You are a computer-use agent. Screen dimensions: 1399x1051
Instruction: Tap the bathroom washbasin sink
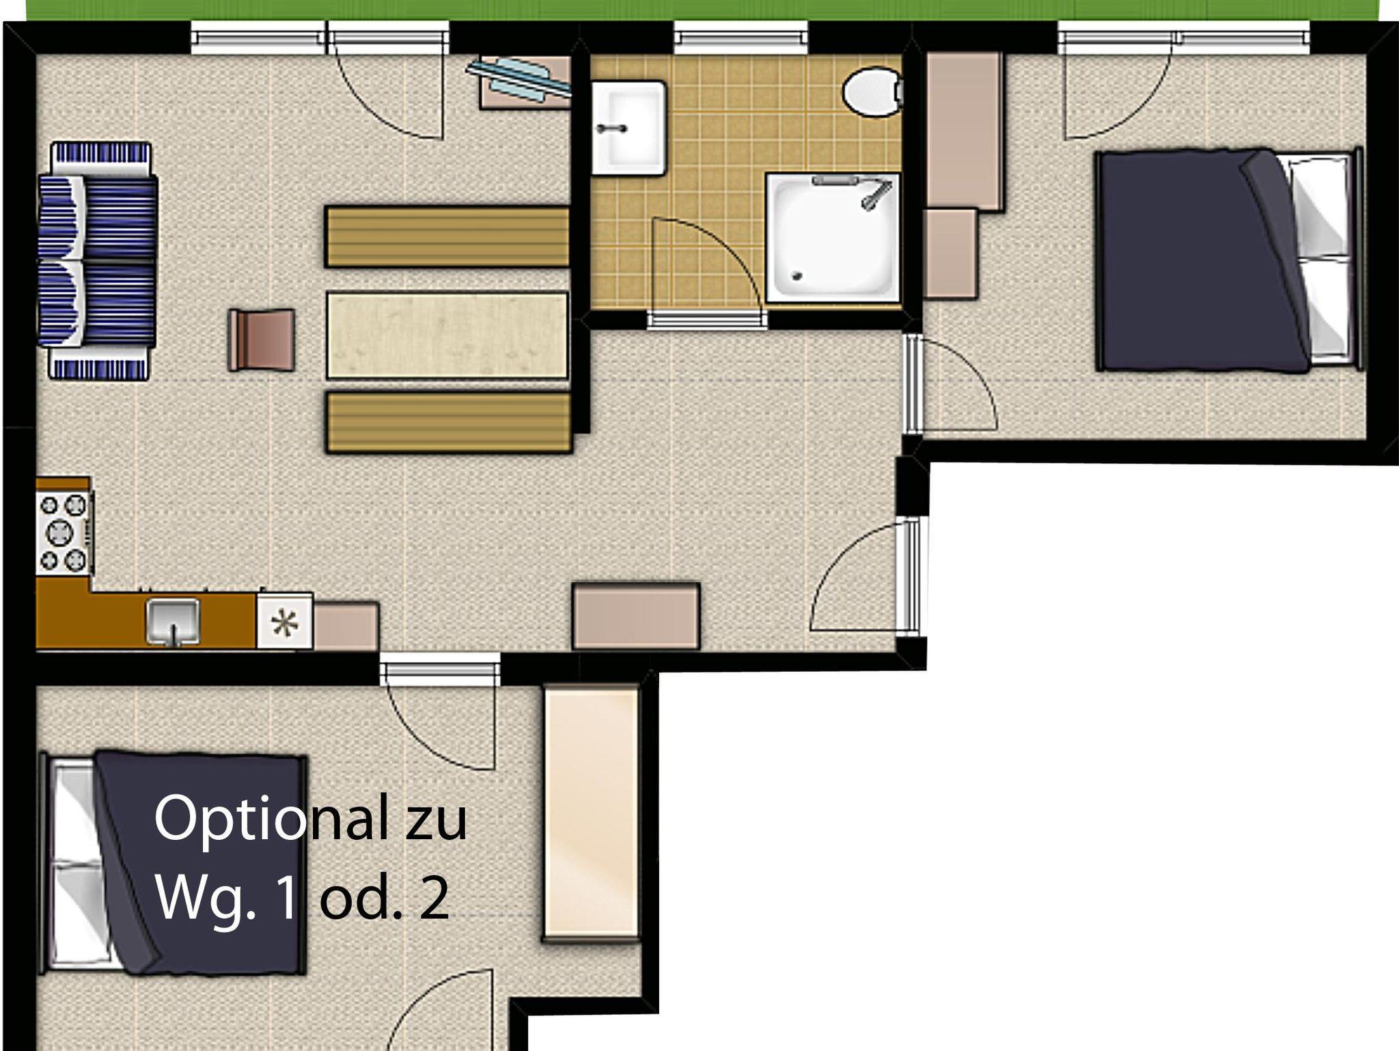coord(628,128)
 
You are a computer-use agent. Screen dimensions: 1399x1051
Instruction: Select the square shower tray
coord(833,237)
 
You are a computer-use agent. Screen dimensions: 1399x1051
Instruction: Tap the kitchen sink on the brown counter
coord(173,620)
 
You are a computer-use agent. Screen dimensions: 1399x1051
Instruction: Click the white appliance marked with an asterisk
coord(285,620)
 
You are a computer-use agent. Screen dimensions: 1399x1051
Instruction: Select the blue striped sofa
coord(97,260)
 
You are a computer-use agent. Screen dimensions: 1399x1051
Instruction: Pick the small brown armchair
coord(262,340)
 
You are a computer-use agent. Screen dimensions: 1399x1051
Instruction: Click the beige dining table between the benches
coord(447,336)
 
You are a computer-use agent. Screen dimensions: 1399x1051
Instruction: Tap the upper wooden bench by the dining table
coord(447,236)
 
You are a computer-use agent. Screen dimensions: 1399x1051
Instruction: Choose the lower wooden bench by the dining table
coord(449,422)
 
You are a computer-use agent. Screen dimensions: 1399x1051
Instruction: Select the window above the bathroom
coord(741,38)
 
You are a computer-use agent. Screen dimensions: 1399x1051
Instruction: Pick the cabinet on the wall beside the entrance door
coord(636,616)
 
